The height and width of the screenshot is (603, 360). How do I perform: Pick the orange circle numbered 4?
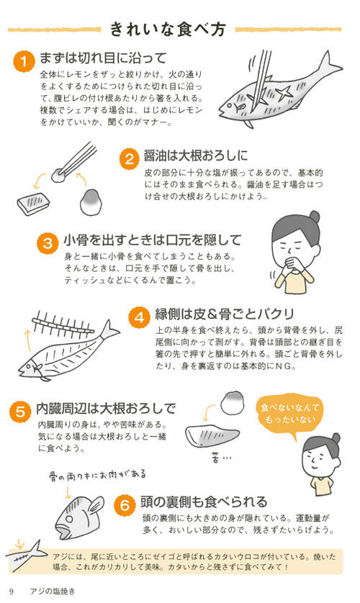[138, 316]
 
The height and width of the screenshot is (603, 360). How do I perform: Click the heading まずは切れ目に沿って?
[104, 58]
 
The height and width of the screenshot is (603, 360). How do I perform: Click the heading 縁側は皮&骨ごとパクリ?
[225, 314]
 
